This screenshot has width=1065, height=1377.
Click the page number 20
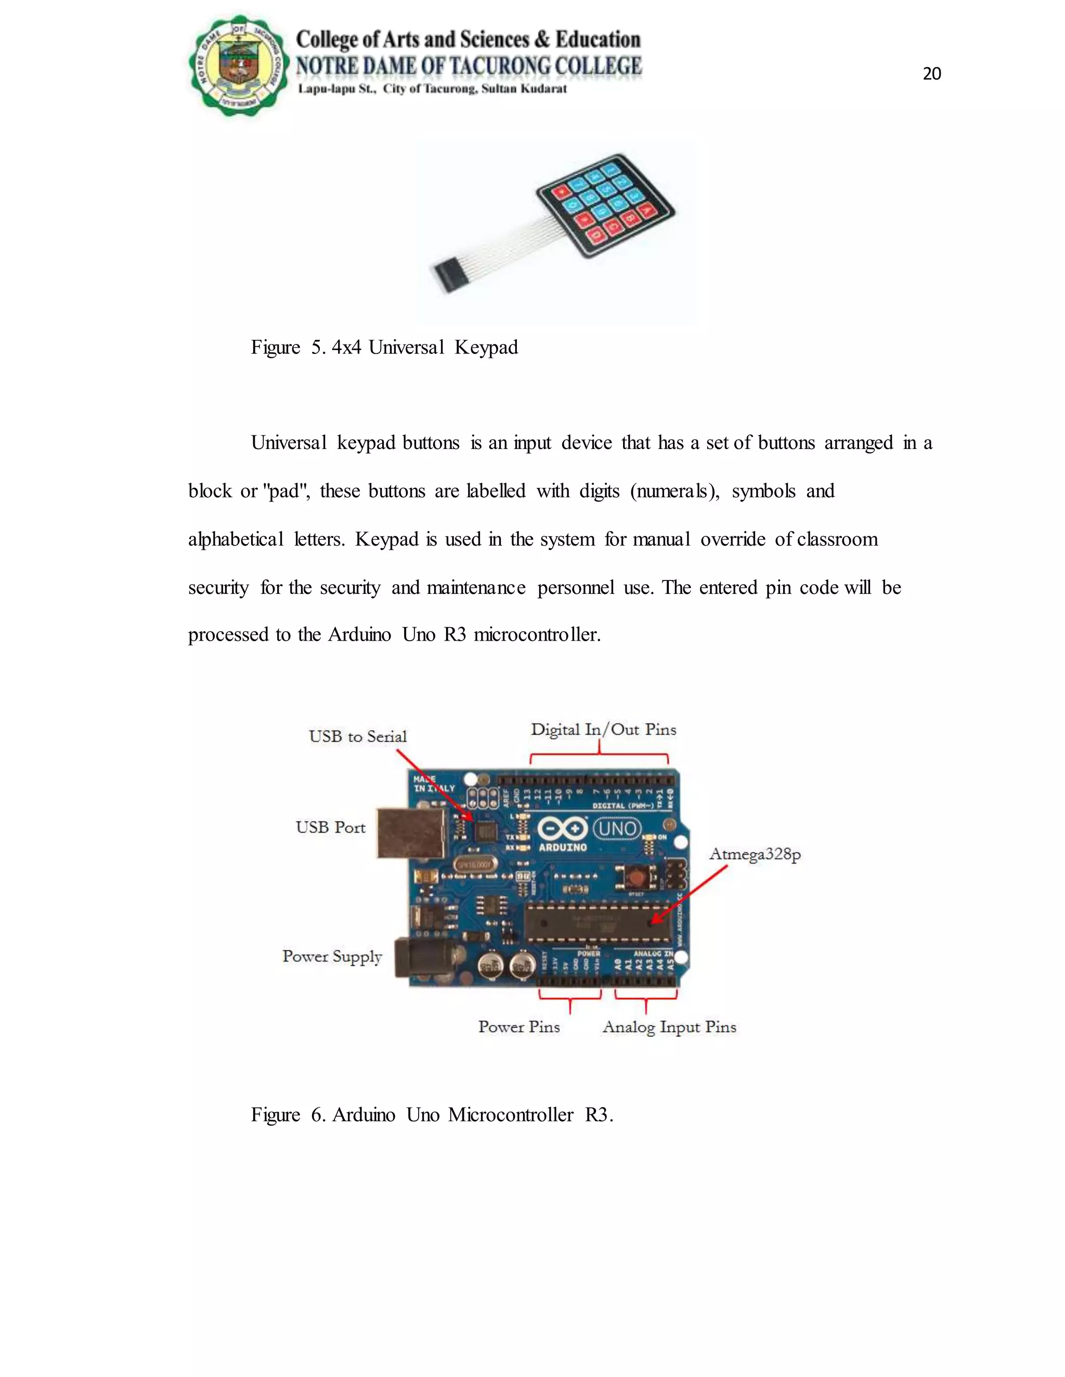pos(931,74)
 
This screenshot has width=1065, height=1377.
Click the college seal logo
pos(239,65)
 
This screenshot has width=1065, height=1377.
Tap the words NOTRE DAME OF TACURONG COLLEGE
pos(469,65)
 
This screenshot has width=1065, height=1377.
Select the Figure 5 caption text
pos(384,348)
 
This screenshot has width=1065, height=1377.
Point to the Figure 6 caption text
pos(432,1115)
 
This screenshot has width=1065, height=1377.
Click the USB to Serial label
pos(357,736)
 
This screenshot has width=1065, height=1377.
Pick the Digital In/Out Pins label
pos(603,730)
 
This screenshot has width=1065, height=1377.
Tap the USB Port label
pos(331,827)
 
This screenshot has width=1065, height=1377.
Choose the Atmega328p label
pos(755,854)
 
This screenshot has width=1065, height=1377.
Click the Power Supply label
pos(332,957)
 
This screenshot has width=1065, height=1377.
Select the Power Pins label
pos(518,1027)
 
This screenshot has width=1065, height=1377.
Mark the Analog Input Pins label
pos(669,1027)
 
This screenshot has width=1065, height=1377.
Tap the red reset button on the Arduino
pos(636,877)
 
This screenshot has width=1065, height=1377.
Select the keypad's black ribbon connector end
pos(449,275)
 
